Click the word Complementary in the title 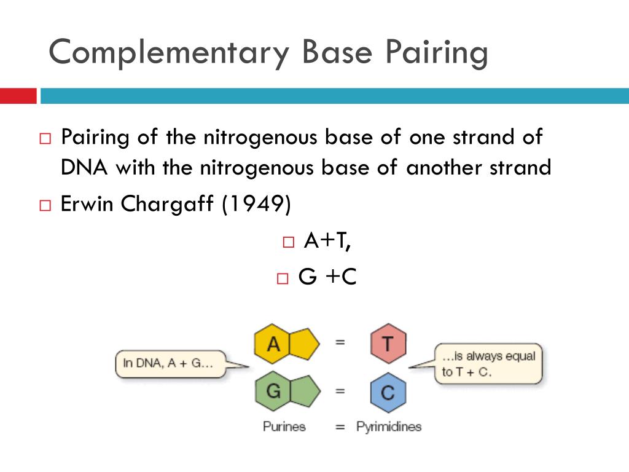169,52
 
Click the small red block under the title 18,96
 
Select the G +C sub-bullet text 327,277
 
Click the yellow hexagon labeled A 273,344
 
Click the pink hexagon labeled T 388,344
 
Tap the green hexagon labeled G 273,391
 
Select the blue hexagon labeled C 388,392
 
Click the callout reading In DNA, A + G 169,363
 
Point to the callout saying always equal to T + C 488,363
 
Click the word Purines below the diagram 284,426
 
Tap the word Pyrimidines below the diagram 388,426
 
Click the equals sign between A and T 340,342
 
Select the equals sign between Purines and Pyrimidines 340,427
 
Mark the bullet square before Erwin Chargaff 45,205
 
